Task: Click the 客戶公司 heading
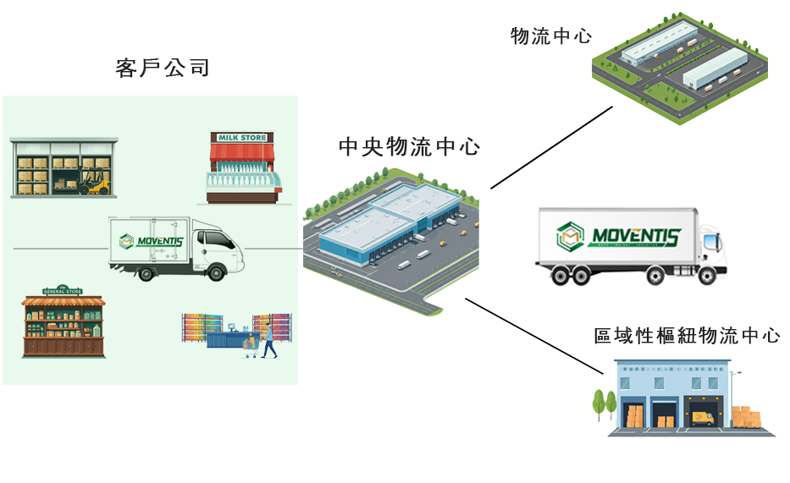163,69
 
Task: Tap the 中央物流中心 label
409,147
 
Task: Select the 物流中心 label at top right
551,36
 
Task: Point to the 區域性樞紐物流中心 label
687,336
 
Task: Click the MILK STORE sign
242,137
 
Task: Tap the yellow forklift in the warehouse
95,182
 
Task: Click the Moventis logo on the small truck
148,242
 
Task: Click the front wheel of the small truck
214,272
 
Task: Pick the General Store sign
63,289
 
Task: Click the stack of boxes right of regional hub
746,417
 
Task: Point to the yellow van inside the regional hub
702,416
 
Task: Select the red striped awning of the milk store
243,152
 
